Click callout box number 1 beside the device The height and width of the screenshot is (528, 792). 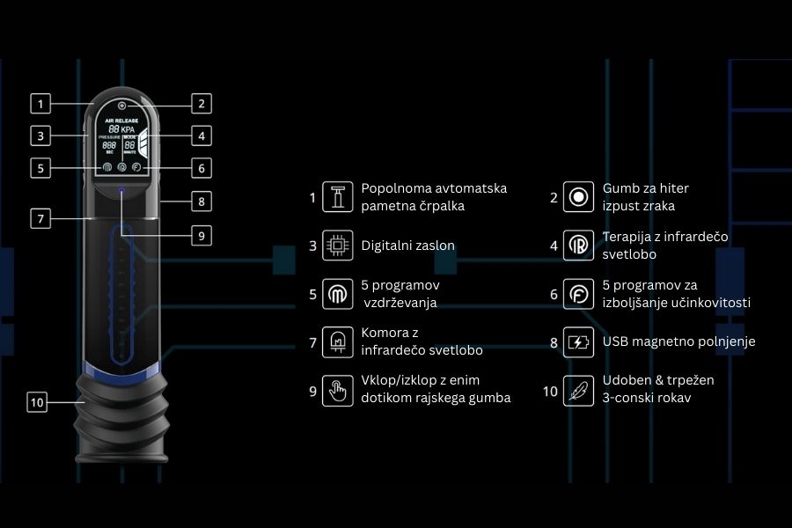point(40,103)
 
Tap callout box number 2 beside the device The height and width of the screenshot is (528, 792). point(201,103)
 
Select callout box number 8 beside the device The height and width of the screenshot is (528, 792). point(201,201)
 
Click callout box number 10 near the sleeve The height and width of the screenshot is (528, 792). point(37,402)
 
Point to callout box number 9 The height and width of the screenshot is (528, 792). point(201,235)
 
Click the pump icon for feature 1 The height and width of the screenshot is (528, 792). point(334,198)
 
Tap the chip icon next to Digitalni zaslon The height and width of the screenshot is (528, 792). point(334,246)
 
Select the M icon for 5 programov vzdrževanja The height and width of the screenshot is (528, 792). point(334,294)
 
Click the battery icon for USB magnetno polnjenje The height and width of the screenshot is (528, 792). point(578,342)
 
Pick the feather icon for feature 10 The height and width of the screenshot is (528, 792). point(578,391)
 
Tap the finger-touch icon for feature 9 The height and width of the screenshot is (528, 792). point(334,391)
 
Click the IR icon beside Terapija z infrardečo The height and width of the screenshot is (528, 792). point(578,246)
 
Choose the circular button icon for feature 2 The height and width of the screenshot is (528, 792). point(578,198)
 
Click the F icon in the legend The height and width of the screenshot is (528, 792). point(578,294)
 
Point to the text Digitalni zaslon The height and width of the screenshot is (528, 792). point(407,246)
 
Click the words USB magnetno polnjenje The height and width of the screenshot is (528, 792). point(678,341)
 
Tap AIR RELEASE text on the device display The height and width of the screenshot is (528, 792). point(121,120)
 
